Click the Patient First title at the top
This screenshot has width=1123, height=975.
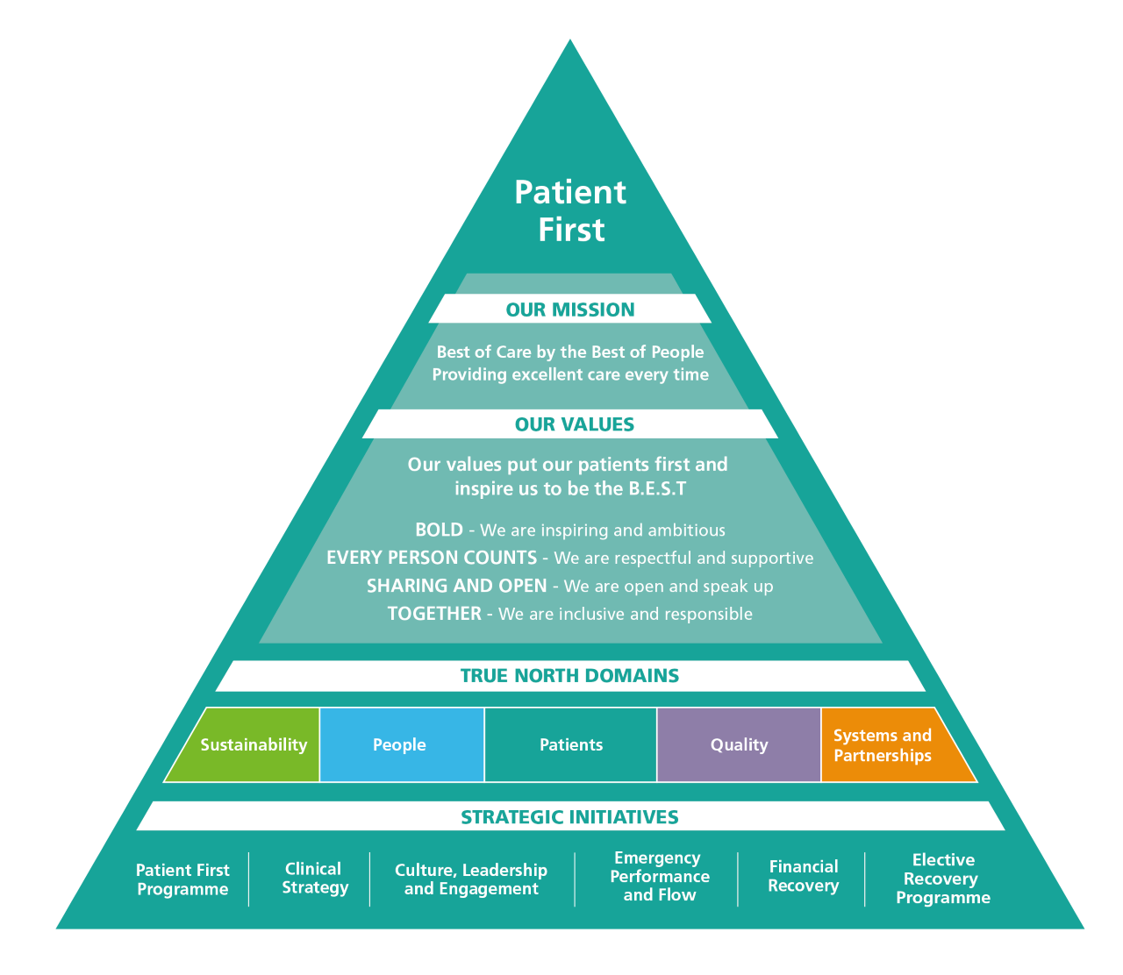pos(570,210)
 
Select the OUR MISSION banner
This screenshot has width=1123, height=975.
pos(570,310)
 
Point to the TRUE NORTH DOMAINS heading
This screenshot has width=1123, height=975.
pos(570,676)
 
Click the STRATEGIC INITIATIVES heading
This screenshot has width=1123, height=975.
pos(570,817)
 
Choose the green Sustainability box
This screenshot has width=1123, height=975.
pos(253,744)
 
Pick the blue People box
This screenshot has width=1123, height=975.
pos(400,744)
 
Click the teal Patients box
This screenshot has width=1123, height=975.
pos(571,744)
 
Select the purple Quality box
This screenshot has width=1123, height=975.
pos(739,744)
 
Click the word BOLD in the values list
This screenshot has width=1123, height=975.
pos(439,530)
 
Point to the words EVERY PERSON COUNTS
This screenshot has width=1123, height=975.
pos(432,558)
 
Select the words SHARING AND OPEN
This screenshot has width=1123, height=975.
pos(456,586)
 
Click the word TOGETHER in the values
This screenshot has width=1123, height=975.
pos(434,614)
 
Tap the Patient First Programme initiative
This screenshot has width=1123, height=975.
pos(182,879)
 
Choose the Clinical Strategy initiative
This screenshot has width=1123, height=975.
pos(314,878)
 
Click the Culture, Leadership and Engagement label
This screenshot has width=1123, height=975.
pos(471,879)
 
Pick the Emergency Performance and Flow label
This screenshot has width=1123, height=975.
pos(659,877)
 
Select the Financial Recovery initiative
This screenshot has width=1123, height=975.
pos(803,876)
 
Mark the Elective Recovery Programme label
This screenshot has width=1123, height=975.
pos(943,879)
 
